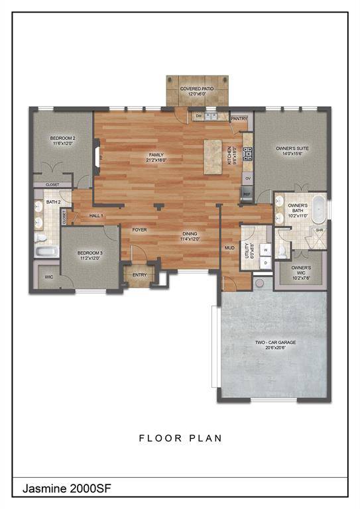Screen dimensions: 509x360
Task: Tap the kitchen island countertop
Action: click(x=213, y=157)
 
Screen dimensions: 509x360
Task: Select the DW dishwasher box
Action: click(x=198, y=117)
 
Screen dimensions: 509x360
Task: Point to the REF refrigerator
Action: click(x=247, y=194)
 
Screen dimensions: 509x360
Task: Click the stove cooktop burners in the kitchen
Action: click(x=247, y=154)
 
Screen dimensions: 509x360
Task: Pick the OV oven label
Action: click(x=247, y=178)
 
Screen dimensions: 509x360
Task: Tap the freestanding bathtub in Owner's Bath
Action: click(x=318, y=207)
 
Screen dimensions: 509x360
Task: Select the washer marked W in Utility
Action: click(x=265, y=251)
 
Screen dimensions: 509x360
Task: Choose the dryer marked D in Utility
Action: click(x=265, y=263)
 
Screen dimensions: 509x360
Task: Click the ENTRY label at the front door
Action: click(x=139, y=274)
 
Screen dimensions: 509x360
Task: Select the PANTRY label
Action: click(x=239, y=119)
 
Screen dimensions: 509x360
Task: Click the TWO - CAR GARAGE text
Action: click(x=276, y=343)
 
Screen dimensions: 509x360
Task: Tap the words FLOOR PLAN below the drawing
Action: click(x=180, y=439)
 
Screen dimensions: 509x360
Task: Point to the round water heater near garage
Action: click(x=260, y=283)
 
